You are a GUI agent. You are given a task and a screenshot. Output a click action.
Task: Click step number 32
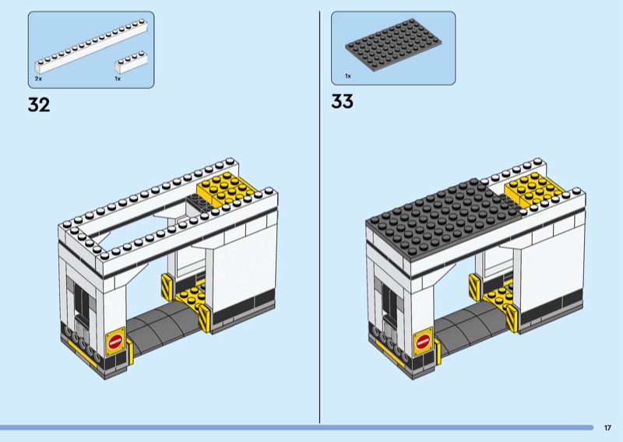tap(38, 105)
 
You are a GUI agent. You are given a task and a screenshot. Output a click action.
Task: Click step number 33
tap(342, 101)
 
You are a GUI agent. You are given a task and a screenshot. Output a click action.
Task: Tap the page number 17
tap(607, 427)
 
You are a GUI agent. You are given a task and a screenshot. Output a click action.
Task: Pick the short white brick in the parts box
tap(130, 60)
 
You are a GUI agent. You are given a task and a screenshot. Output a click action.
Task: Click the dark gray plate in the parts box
tap(392, 48)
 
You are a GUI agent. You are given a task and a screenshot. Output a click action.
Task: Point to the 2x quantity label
tap(38, 79)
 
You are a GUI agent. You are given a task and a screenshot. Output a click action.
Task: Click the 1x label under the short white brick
tap(118, 79)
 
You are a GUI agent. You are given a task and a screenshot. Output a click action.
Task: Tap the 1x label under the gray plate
tap(348, 76)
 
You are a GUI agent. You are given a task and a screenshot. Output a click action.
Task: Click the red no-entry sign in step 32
tap(116, 341)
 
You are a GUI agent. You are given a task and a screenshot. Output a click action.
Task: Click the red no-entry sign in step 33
tap(424, 341)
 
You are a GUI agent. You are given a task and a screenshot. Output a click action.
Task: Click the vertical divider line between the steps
tap(320, 218)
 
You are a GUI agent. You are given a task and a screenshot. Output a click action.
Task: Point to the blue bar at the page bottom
tap(296, 427)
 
